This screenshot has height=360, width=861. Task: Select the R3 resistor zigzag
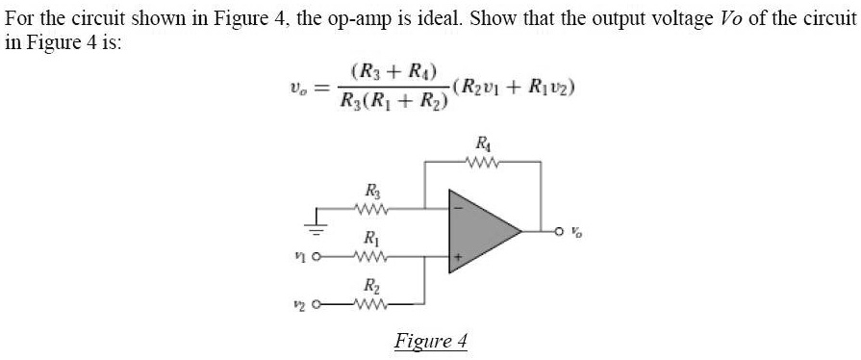370,206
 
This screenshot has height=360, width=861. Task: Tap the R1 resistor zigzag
370,256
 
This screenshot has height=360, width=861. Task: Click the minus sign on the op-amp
457,206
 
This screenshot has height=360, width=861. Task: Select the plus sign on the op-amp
458,257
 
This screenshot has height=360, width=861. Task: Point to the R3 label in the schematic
370,190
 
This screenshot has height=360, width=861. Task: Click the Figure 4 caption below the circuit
431,341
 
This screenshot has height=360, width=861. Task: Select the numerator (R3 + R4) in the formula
395,72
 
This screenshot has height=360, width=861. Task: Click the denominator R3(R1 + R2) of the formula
395,103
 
